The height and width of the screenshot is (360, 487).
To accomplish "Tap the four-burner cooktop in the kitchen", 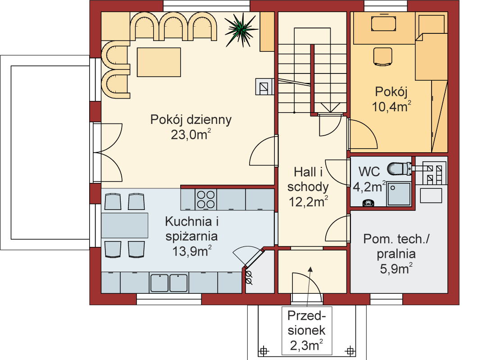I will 205,199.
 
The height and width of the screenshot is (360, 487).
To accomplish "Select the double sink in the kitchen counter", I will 169,283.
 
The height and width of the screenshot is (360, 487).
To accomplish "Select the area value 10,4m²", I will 391,107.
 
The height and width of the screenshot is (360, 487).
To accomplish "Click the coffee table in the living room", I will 159,63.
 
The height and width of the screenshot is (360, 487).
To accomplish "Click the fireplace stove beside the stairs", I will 264,86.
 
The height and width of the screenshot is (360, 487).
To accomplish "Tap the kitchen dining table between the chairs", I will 125,225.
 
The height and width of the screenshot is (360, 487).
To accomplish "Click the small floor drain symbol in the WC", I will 369,203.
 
